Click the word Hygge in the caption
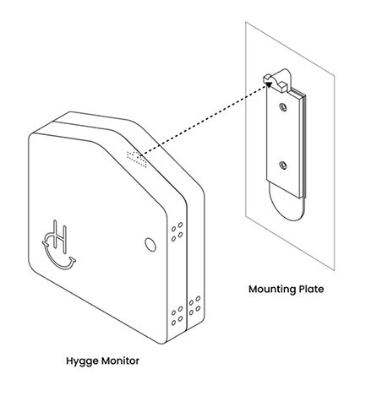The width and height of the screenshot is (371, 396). [x=82, y=361]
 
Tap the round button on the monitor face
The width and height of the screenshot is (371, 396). [x=150, y=244]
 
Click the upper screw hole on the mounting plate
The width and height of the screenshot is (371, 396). [x=283, y=107]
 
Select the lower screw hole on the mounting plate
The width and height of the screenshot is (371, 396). [x=283, y=165]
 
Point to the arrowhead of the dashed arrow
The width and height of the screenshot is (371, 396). [x=269, y=84]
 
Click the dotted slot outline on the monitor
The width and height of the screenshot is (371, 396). [x=137, y=159]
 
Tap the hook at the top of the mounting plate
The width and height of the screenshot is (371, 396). [x=277, y=79]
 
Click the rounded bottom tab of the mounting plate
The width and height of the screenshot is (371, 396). [x=286, y=204]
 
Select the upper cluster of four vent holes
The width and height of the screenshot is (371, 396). [x=177, y=231]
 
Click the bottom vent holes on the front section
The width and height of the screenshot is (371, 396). [x=177, y=316]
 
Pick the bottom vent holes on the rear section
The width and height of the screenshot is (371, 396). [x=194, y=306]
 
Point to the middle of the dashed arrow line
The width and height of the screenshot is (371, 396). [x=204, y=119]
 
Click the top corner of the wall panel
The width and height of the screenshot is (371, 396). [x=245, y=22]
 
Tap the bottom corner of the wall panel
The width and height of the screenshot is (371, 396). [x=335, y=271]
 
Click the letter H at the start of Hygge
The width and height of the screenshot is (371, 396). [x=69, y=361]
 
